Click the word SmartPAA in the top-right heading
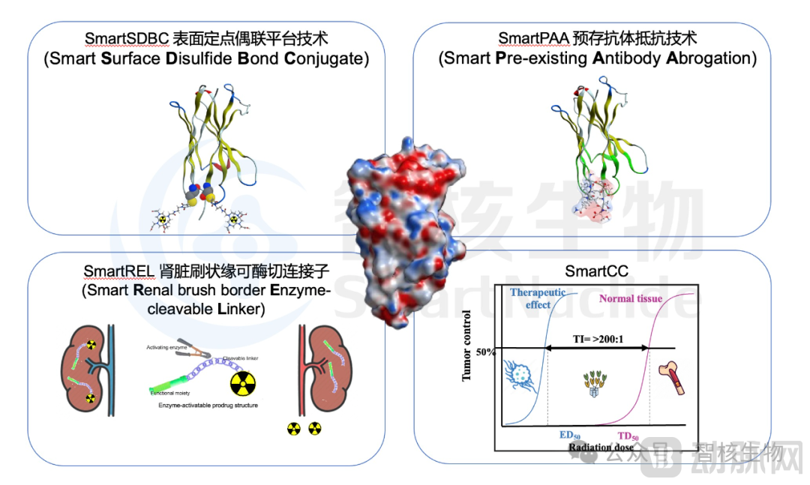(x=529, y=37)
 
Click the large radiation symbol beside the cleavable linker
(x=244, y=385)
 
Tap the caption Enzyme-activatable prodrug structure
(x=208, y=406)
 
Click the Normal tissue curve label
(x=631, y=299)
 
